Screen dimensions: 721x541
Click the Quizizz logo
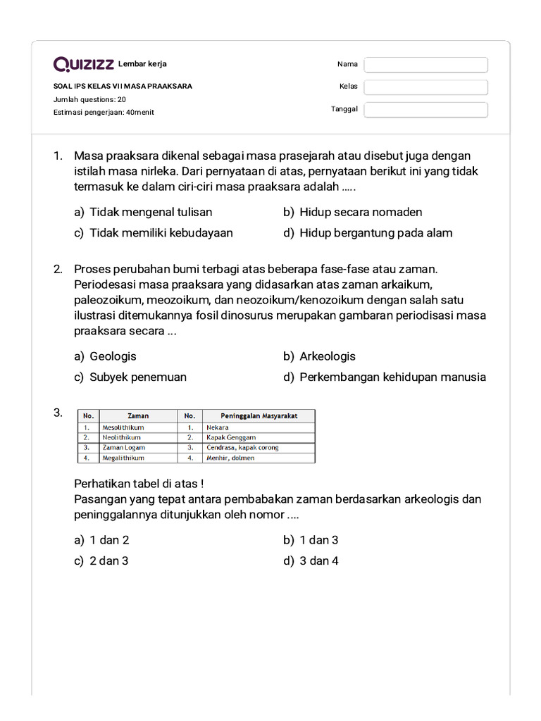84,65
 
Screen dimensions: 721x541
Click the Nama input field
425,65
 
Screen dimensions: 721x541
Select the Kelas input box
425,87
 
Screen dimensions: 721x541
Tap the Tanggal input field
425,110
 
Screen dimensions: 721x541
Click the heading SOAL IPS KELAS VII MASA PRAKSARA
123,87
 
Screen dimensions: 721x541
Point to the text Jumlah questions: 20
89,99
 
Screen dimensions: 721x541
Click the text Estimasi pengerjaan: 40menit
104,112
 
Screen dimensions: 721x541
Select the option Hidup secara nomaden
360,212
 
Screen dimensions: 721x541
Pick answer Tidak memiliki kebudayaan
161,233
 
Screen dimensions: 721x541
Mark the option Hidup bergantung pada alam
375,233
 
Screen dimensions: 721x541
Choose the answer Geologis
113,356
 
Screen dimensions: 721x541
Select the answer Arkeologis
327,356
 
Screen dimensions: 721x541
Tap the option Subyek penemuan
137,377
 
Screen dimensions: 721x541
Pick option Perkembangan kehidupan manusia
392,377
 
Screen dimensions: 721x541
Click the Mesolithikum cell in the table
124,427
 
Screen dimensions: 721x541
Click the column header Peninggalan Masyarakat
259,415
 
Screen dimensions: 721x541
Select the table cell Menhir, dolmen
230,458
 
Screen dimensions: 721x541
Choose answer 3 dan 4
318,561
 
